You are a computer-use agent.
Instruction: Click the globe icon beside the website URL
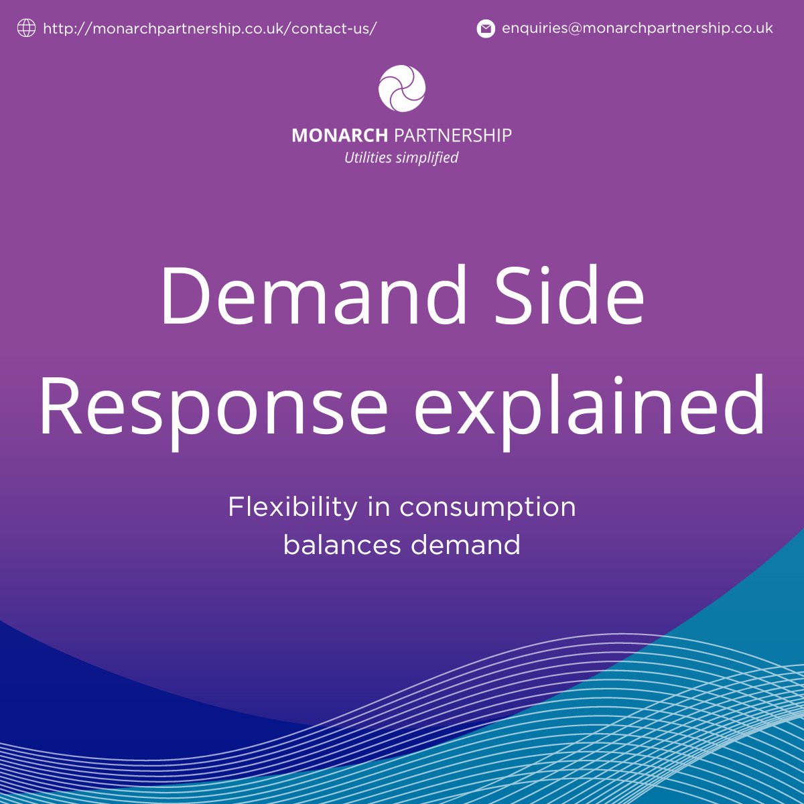[x=26, y=28]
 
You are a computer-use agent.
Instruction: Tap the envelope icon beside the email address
[x=486, y=29]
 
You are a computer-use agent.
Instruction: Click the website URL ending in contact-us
[x=210, y=29]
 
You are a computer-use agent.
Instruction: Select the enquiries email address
[x=637, y=28]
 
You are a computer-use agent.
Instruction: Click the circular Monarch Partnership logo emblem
[x=402, y=88]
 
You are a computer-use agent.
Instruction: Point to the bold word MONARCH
[x=340, y=135]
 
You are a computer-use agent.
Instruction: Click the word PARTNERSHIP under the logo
[x=452, y=135]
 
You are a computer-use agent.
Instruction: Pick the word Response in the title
[x=213, y=406]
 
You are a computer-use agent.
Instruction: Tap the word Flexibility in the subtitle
[x=293, y=507]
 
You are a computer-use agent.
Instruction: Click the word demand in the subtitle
[x=466, y=544]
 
